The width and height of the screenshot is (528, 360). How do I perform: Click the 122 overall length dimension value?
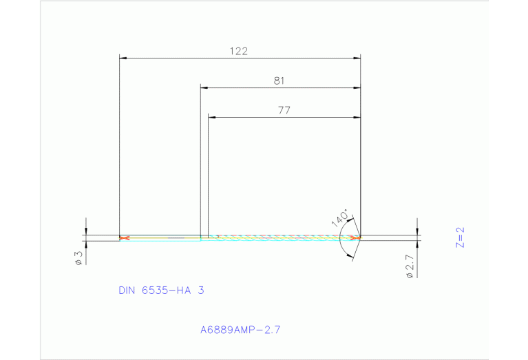(x=239, y=51)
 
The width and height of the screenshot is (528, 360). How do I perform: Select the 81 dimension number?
(x=279, y=81)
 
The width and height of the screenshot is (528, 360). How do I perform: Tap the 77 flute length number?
(x=284, y=110)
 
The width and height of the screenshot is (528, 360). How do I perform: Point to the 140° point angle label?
(x=339, y=218)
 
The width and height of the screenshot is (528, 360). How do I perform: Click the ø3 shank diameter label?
(x=78, y=258)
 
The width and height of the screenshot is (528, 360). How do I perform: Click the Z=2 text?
(x=461, y=237)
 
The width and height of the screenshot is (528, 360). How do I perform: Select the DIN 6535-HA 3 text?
(x=161, y=290)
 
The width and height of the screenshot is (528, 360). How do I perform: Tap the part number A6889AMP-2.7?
(x=240, y=330)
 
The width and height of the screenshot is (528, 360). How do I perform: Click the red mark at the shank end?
(x=124, y=238)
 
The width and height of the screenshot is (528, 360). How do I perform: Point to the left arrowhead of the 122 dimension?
(x=123, y=59)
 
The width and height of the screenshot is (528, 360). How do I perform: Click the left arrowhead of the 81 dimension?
(x=204, y=88)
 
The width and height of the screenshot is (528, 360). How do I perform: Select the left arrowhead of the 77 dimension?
(x=212, y=118)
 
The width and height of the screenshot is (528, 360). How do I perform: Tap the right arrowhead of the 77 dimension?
(x=357, y=118)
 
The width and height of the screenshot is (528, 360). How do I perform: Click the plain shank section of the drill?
(x=162, y=238)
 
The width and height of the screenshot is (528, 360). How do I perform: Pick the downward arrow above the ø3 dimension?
(x=86, y=231)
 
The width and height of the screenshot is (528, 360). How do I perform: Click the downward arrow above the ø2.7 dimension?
(x=417, y=231)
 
